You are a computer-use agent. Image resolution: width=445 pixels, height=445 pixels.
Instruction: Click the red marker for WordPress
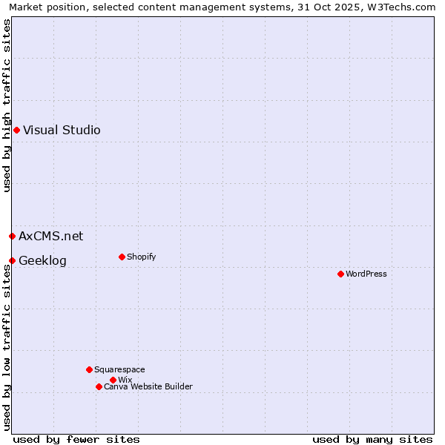click(x=340, y=274)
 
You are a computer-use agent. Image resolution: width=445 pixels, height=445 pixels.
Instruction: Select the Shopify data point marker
click(x=122, y=257)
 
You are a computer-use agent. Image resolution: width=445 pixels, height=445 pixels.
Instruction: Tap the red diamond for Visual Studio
click(x=16, y=130)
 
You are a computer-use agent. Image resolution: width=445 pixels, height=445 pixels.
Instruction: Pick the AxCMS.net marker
click(x=12, y=236)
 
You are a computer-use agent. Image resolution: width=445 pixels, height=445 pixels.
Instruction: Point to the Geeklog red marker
click(x=12, y=260)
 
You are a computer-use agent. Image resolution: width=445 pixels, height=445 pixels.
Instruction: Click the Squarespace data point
click(x=89, y=369)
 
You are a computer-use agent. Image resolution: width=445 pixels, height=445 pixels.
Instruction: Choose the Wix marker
click(x=113, y=380)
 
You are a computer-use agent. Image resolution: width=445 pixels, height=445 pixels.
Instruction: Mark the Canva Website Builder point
click(x=99, y=386)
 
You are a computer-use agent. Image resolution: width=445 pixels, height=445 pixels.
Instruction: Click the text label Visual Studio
click(x=62, y=130)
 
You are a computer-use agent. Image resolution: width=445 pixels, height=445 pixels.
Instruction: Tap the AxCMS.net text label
click(x=51, y=236)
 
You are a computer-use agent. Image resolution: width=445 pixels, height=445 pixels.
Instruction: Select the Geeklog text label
click(x=42, y=260)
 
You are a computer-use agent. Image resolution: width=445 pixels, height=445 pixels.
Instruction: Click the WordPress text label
click(x=366, y=274)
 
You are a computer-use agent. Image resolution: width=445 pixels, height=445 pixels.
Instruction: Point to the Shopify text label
click(x=141, y=257)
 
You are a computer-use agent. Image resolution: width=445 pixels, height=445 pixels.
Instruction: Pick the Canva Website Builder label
click(x=148, y=386)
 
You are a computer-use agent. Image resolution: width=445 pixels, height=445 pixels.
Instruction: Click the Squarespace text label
click(x=119, y=369)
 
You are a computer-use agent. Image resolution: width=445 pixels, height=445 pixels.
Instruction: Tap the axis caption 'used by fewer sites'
click(x=76, y=439)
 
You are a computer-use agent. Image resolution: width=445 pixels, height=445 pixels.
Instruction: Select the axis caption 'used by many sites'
click(x=372, y=439)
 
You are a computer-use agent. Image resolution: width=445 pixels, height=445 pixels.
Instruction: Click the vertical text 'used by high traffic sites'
click(x=7, y=106)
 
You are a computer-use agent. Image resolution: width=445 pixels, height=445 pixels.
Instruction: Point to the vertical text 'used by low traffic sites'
click(x=7, y=347)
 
